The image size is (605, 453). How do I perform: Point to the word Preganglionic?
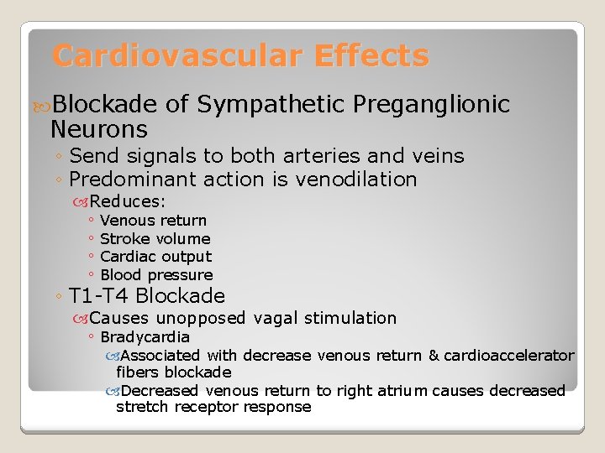[432, 104]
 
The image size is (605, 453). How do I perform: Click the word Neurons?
[99, 129]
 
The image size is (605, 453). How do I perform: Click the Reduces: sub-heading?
[128, 201]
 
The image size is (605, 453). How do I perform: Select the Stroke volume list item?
[155, 238]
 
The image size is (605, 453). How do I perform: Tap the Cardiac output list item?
[155, 257]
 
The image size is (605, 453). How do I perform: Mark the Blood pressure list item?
[156, 275]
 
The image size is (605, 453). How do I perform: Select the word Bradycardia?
[145, 337]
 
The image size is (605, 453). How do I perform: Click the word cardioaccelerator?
[509, 356]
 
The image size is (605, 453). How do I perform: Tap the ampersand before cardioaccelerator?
[434, 356]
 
